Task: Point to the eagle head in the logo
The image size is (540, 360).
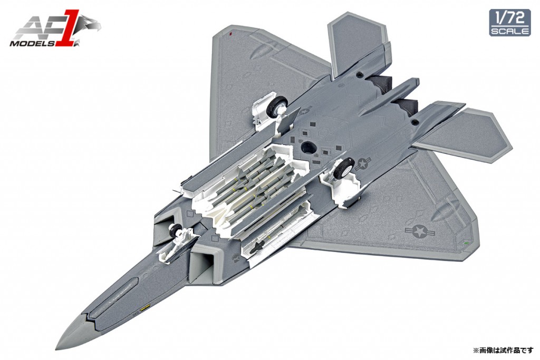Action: (x=90, y=25)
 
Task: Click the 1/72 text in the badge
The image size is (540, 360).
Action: (x=510, y=18)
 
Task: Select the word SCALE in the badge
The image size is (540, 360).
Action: (x=510, y=31)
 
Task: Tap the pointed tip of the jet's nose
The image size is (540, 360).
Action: (x=56, y=348)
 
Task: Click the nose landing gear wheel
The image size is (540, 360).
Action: (x=175, y=230)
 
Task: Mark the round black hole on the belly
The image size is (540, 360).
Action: (x=309, y=147)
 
